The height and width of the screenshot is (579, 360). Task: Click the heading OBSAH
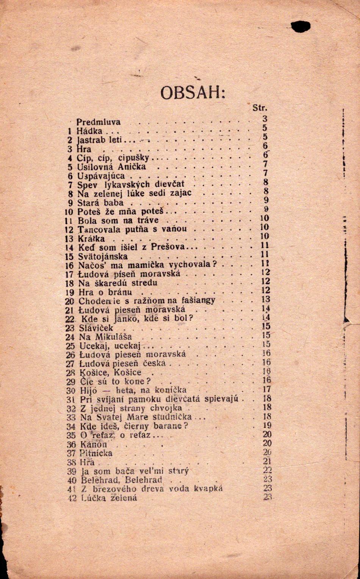point(193,92)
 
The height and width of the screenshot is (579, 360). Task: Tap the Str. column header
point(260,108)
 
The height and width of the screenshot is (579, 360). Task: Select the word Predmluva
point(99,122)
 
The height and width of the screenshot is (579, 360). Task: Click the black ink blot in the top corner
point(301,27)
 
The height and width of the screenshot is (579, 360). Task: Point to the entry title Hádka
point(89,131)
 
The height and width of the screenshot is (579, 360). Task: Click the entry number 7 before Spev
point(70,185)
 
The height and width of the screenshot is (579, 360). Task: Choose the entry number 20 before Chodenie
point(69,301)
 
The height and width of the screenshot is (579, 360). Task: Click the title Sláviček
point(96,328)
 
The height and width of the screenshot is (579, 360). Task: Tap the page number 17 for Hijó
point(267,389)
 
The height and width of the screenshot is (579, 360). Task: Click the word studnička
point(174,417)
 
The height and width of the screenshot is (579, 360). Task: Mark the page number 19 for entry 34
point(267,425)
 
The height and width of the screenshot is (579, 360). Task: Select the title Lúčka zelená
point(109,498)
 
